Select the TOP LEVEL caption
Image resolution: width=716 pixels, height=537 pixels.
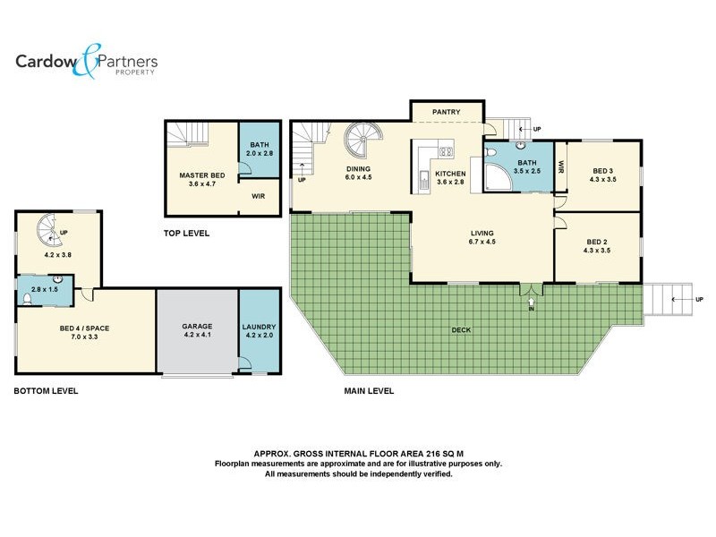coord(186,233)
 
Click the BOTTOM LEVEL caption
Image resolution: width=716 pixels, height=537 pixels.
coord(46,390)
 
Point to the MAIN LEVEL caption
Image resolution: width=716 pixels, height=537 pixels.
coord(369,390)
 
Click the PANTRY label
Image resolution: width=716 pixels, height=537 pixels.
coord(446,112)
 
